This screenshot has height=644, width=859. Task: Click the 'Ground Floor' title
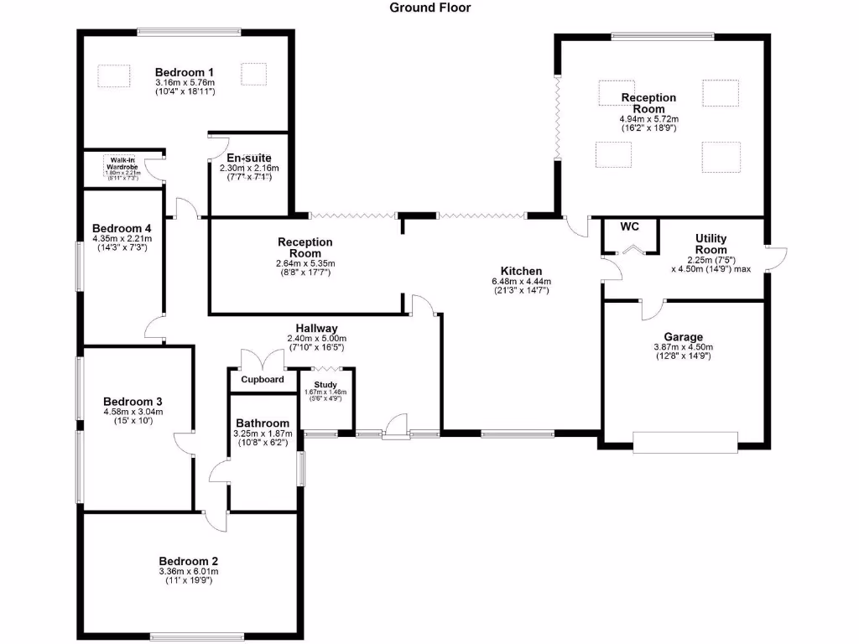point(430,8)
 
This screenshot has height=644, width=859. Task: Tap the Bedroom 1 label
point(185,72)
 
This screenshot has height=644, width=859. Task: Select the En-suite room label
point(248,158)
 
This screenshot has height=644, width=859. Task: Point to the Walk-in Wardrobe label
point(122,163)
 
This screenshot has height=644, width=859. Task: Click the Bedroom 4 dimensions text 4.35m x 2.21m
point(122,238)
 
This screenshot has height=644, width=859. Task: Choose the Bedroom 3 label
point(133,402)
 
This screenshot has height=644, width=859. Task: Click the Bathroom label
point(262,423)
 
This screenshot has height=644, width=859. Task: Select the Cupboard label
point(263,380)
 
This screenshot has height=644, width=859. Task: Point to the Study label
point(325,384)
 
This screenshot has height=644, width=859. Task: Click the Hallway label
point(316,329)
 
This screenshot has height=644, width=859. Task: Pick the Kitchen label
point(521,271)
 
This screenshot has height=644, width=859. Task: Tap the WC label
point(629,226)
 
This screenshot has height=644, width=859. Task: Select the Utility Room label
point(711,244)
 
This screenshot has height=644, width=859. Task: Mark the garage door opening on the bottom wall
point(685,441)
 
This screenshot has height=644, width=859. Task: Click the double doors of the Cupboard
point(262,361)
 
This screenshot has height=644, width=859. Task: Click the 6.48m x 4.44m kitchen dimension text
point(521,281)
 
